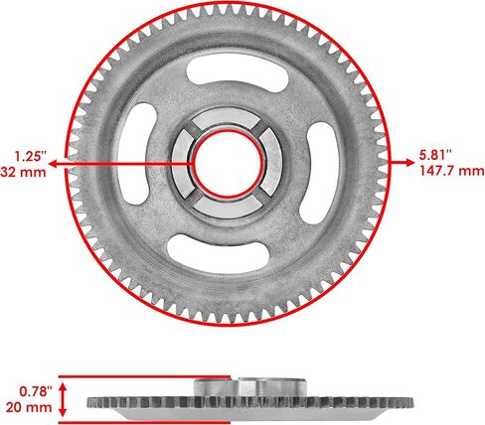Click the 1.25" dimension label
[x=31, y=156]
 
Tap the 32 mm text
[x=23, y=172]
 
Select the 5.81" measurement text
[x=435, y=155]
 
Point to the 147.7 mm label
[x=452, y=171]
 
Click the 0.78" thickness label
[x=36, y=391]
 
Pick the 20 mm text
[x=29, y=407]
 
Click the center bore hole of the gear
[x=228, y=164]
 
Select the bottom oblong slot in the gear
[x=218, y=254]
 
